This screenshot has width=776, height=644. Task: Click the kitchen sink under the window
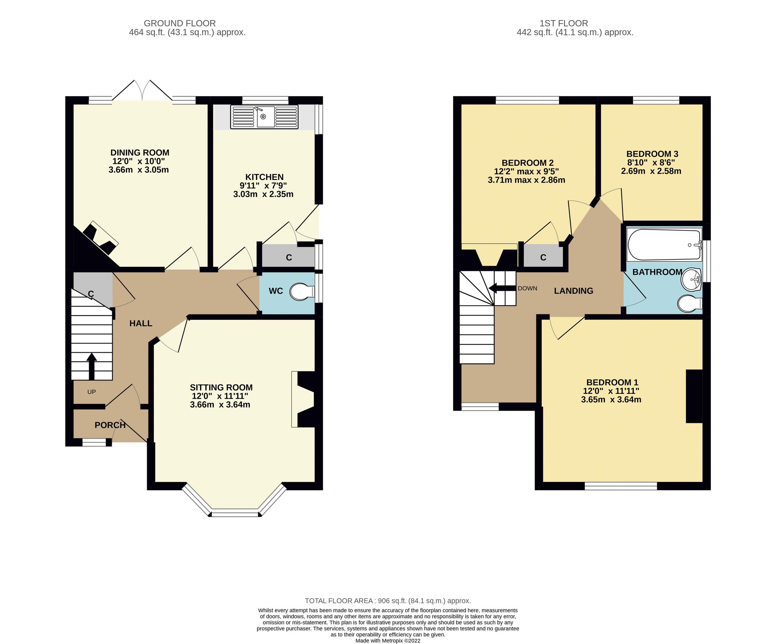click(264, 117)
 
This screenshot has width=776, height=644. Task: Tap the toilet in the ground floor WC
click(301, 292)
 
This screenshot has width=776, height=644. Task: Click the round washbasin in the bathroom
click(691, 279)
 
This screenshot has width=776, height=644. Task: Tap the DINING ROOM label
click(140, 152)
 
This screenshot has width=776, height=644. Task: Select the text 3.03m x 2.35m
click(263, 194)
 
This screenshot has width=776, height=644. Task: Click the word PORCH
click(110, 425)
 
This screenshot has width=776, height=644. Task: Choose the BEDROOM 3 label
click(652, 154)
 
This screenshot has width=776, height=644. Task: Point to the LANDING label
click(573, 291)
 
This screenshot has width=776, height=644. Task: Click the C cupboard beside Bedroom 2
click(543, 257)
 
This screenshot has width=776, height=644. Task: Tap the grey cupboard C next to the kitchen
click(288, 257)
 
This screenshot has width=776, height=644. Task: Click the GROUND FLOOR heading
click(180, 23)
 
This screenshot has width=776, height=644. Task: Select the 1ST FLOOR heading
click(564, 23)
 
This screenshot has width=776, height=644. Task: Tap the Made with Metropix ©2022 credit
click(388, 641)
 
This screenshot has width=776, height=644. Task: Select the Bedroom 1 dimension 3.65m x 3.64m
click(611, 400)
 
